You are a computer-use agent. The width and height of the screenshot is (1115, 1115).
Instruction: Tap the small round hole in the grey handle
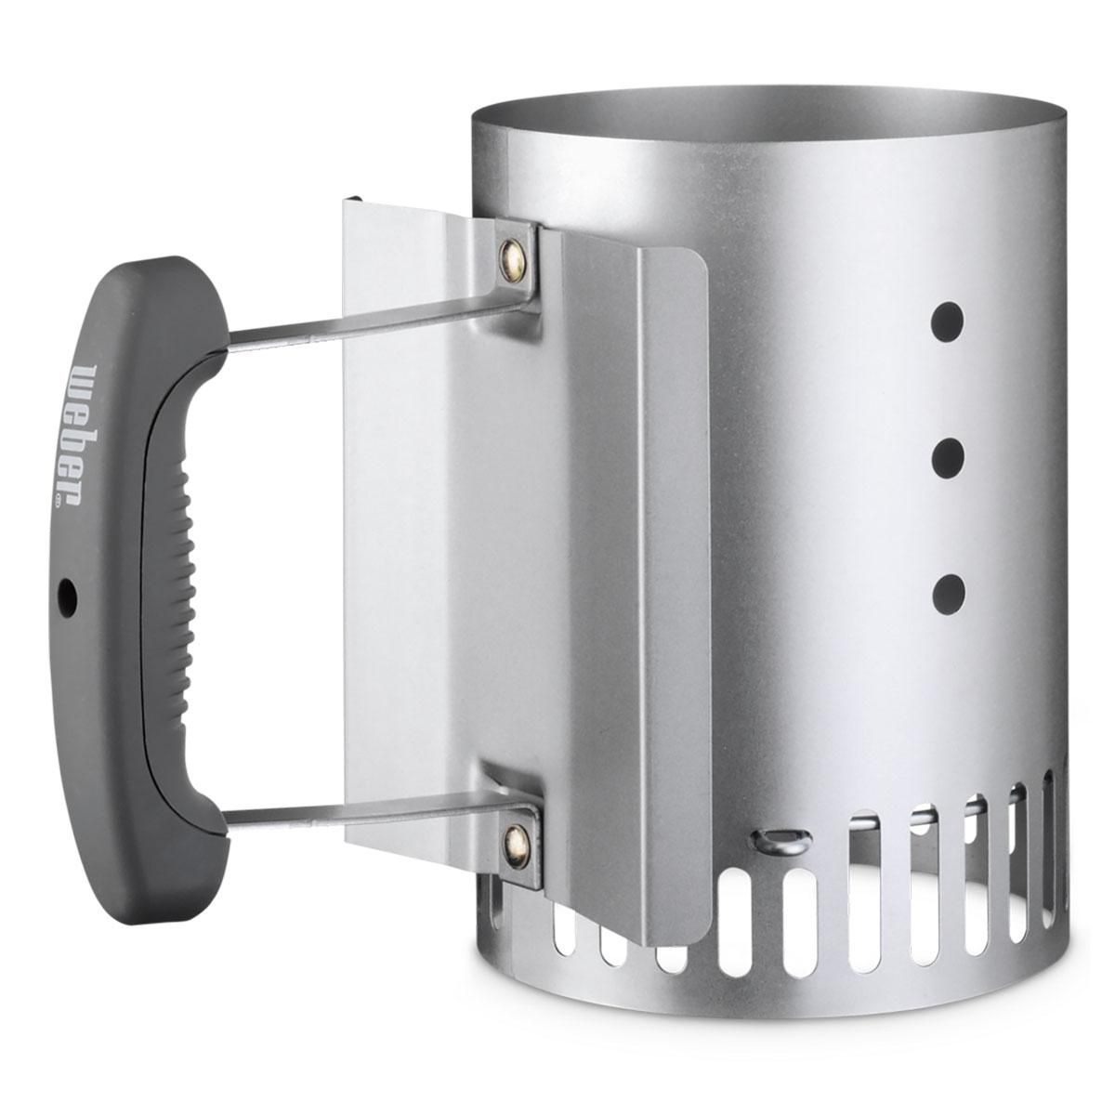pos(68,608)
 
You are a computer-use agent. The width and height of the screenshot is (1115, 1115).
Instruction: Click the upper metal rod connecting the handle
pos(376,321)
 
